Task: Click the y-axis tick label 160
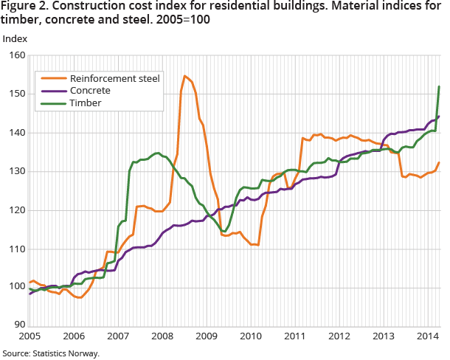(x=16, y=55)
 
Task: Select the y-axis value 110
(x=16, y=249)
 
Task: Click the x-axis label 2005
(x=30, y=336)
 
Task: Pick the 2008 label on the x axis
(x=163, y=336)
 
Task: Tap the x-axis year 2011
(x=296, y=336)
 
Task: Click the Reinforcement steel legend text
(x=114, y=78)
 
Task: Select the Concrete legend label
(x=90, y=90)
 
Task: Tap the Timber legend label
(x=85, y=103)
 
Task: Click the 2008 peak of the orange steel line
(x=184, y=76)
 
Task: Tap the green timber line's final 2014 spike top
(x=439, y=86)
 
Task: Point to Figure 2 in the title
(x=24, y=7)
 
